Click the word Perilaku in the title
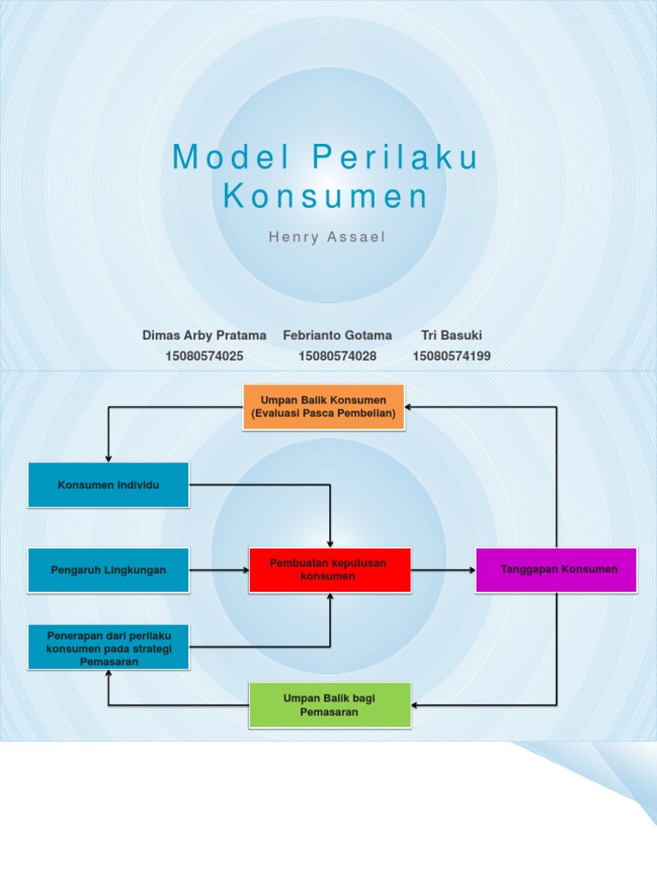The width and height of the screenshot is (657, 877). (x=394, y=158)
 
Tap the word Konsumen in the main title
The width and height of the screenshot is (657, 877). (x=325, y=197)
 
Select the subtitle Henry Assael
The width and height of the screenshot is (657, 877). (x=328, y=236)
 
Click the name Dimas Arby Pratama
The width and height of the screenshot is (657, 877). (x=204, y=335)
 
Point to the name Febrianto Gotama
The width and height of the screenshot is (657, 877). (x=337, y=335)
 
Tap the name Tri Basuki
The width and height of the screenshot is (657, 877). (x=452, y=335)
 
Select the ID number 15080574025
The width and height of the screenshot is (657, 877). (x=204, y=355)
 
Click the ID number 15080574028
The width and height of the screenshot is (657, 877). (x=337, y=355)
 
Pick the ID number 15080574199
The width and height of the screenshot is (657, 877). (x=452, y=355)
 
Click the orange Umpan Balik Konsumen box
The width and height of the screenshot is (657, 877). (x=323, y=407)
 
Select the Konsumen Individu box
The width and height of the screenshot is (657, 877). (x=109, y=486)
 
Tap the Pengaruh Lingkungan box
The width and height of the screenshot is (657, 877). (x=109, y=570)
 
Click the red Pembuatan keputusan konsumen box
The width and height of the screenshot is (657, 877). (x=329, y=570)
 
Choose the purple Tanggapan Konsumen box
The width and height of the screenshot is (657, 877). (x=556, y=570)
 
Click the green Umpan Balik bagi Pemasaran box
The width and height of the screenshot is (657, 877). (x=329, y=705)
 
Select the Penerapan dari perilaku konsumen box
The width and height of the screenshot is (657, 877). (x=109, y=647)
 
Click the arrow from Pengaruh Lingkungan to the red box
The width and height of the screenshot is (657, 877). (x=218, y=570)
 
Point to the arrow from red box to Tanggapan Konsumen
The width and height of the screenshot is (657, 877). (x=443, y=570)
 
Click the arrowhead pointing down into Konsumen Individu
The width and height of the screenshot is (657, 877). (x=109, y=456)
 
